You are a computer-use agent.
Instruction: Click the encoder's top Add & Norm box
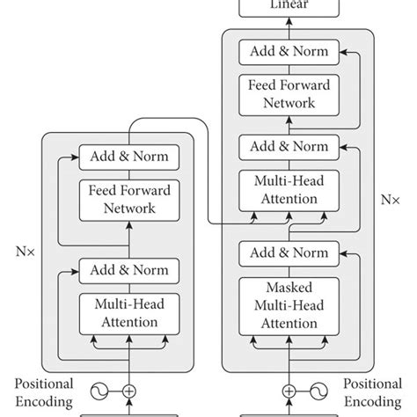point(129,157)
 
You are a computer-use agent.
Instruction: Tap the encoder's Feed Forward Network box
point(129,199)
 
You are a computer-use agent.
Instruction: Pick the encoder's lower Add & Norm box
point(129,269)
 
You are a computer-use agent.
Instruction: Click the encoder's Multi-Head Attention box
point(129,312)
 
